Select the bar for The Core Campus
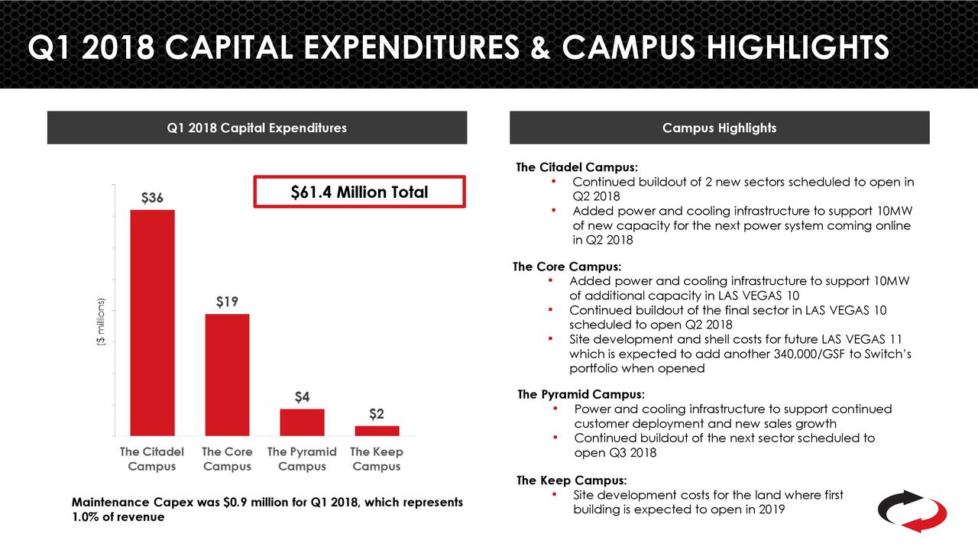227,374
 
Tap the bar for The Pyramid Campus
302,422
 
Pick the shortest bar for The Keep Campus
377,430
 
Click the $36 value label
152,198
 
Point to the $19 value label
226,302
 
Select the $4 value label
302,397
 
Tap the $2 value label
377,414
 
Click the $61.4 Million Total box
359,192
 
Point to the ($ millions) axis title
100,322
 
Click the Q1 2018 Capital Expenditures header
257,128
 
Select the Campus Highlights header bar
719,128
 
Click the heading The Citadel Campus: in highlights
577,167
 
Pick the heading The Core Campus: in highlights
567,267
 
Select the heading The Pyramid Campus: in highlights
581,395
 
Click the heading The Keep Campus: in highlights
572,480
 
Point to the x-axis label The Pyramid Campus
302,459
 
